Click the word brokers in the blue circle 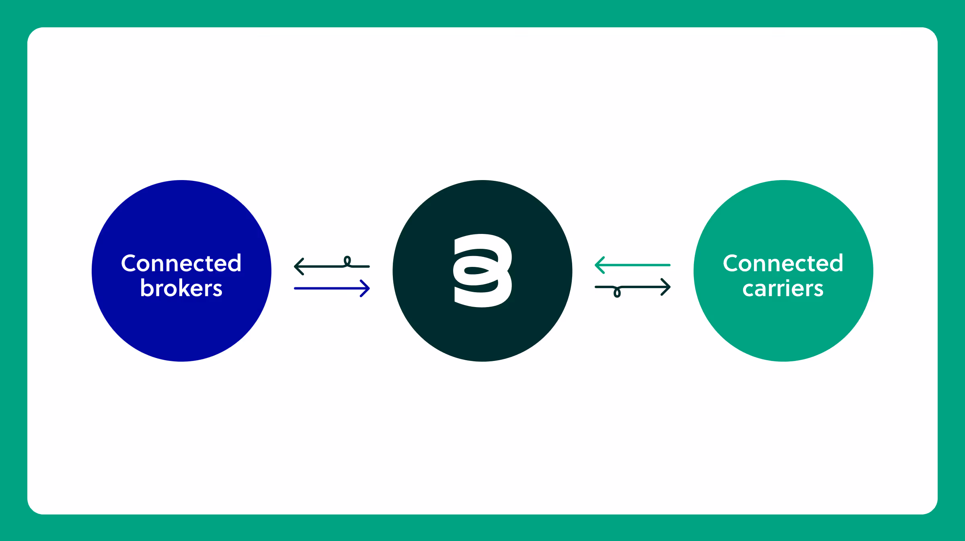(181, 288)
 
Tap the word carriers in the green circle (783, 289)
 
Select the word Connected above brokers (181, 263)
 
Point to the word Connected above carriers (783, 263)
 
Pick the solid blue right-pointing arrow (332, 288)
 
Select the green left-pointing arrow (632, 265)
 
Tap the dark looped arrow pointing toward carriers (632, 287)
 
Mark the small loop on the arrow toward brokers (347, 261)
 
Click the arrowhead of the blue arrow (365, 288)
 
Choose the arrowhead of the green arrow (600, 265)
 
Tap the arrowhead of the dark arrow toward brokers (299, 266)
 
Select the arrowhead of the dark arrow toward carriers (666, 287)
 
